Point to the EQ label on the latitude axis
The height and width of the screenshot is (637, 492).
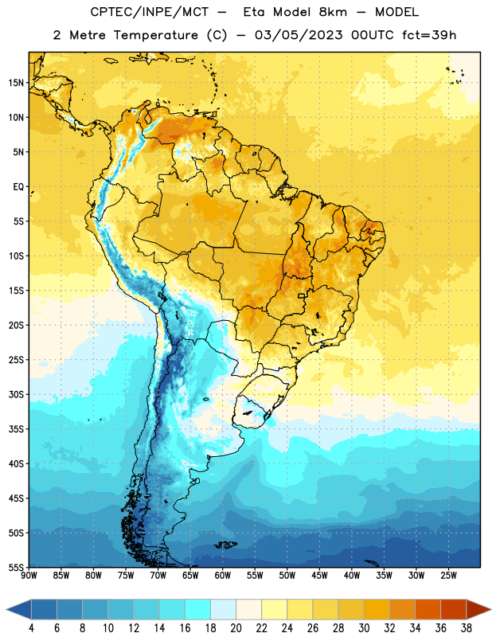18,187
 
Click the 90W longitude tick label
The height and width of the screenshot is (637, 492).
29,576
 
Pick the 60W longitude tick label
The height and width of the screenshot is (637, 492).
223,576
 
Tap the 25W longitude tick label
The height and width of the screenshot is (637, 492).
448,576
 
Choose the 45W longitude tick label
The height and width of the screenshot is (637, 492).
319,576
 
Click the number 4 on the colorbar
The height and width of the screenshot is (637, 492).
31,628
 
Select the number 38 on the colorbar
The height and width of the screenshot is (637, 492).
466,628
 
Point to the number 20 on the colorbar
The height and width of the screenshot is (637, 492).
236,628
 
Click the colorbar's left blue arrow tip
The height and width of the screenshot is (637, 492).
6,609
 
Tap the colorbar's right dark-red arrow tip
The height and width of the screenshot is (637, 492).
490,609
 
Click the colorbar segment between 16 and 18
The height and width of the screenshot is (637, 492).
198,609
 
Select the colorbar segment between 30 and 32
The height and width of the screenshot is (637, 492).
377,609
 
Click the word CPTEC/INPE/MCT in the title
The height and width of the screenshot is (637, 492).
150,12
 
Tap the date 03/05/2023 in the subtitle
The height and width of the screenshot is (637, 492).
299,35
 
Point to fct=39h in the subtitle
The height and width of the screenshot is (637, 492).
429,35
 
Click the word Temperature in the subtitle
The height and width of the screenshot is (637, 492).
155,35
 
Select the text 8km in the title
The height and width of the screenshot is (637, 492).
333,12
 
